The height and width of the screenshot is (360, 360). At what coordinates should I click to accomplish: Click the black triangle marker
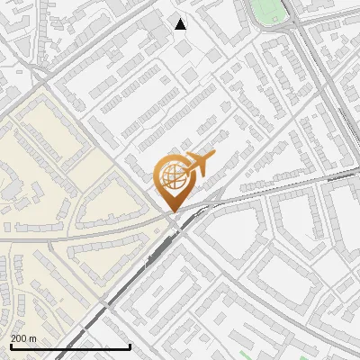coord(181,24)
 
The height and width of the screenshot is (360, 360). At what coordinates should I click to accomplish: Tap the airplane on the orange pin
coord(196,165)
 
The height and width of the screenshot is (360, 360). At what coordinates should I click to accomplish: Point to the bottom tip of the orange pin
coord(172,211)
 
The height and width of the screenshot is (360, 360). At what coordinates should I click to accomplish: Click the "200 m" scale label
coord(23,338)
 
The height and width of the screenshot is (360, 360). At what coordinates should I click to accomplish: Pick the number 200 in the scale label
coord(19,338)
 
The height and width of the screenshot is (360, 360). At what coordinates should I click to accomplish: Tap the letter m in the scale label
coord(32,338)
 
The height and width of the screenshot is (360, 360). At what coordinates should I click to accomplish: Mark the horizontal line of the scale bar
coord(70,346)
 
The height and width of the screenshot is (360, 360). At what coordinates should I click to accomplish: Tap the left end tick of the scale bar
coord(10,345)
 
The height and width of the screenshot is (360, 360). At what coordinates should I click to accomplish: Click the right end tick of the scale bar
coord(130,345)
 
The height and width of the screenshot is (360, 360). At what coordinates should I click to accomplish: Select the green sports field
coord(268,11)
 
